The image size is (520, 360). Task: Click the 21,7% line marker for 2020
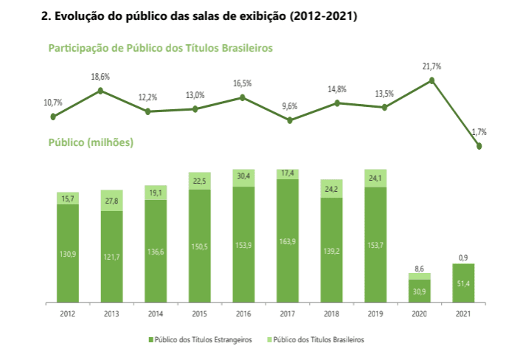click(x=432, y=80)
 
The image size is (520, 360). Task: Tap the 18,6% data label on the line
click(x=100, y=77)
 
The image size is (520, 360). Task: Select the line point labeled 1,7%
click(x=479, y=146)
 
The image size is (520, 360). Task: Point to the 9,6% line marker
click(x=290, y=120)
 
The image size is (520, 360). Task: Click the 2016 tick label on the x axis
click(x=243, y=313)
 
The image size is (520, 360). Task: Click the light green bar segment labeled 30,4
click(x=243, y=177)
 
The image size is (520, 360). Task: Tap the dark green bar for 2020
click(x=419, y=291)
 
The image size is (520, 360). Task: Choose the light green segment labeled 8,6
click(x=419, y=276)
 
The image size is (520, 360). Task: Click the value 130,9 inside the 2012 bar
click(x=68, y=254)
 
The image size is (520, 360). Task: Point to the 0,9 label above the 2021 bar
click(x=462, y=257)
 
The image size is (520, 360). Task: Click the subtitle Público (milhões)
click(x=90, y=142)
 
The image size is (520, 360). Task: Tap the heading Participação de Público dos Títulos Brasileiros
click(x=160, y=48)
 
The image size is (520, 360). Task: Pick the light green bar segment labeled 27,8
click(x=112, y=201)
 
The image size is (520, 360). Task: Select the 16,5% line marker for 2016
click(x=243, y=97)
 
